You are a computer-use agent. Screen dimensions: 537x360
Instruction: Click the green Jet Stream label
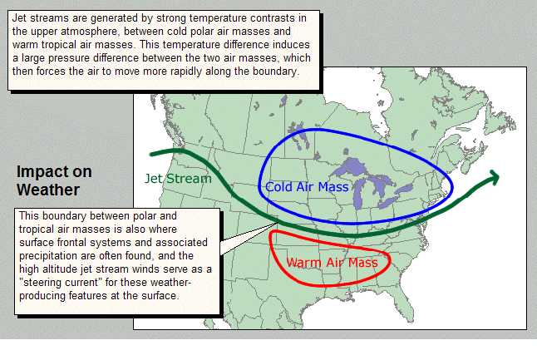coord(178,179)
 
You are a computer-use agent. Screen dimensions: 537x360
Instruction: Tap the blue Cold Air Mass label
coord(307,187)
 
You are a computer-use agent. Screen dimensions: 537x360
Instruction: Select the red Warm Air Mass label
coord(333,263)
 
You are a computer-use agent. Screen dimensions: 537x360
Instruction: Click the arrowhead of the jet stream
coord(495,177)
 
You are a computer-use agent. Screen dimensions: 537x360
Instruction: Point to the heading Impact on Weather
coord(54,180)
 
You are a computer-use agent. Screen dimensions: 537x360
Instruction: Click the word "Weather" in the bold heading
coord(48,190)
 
